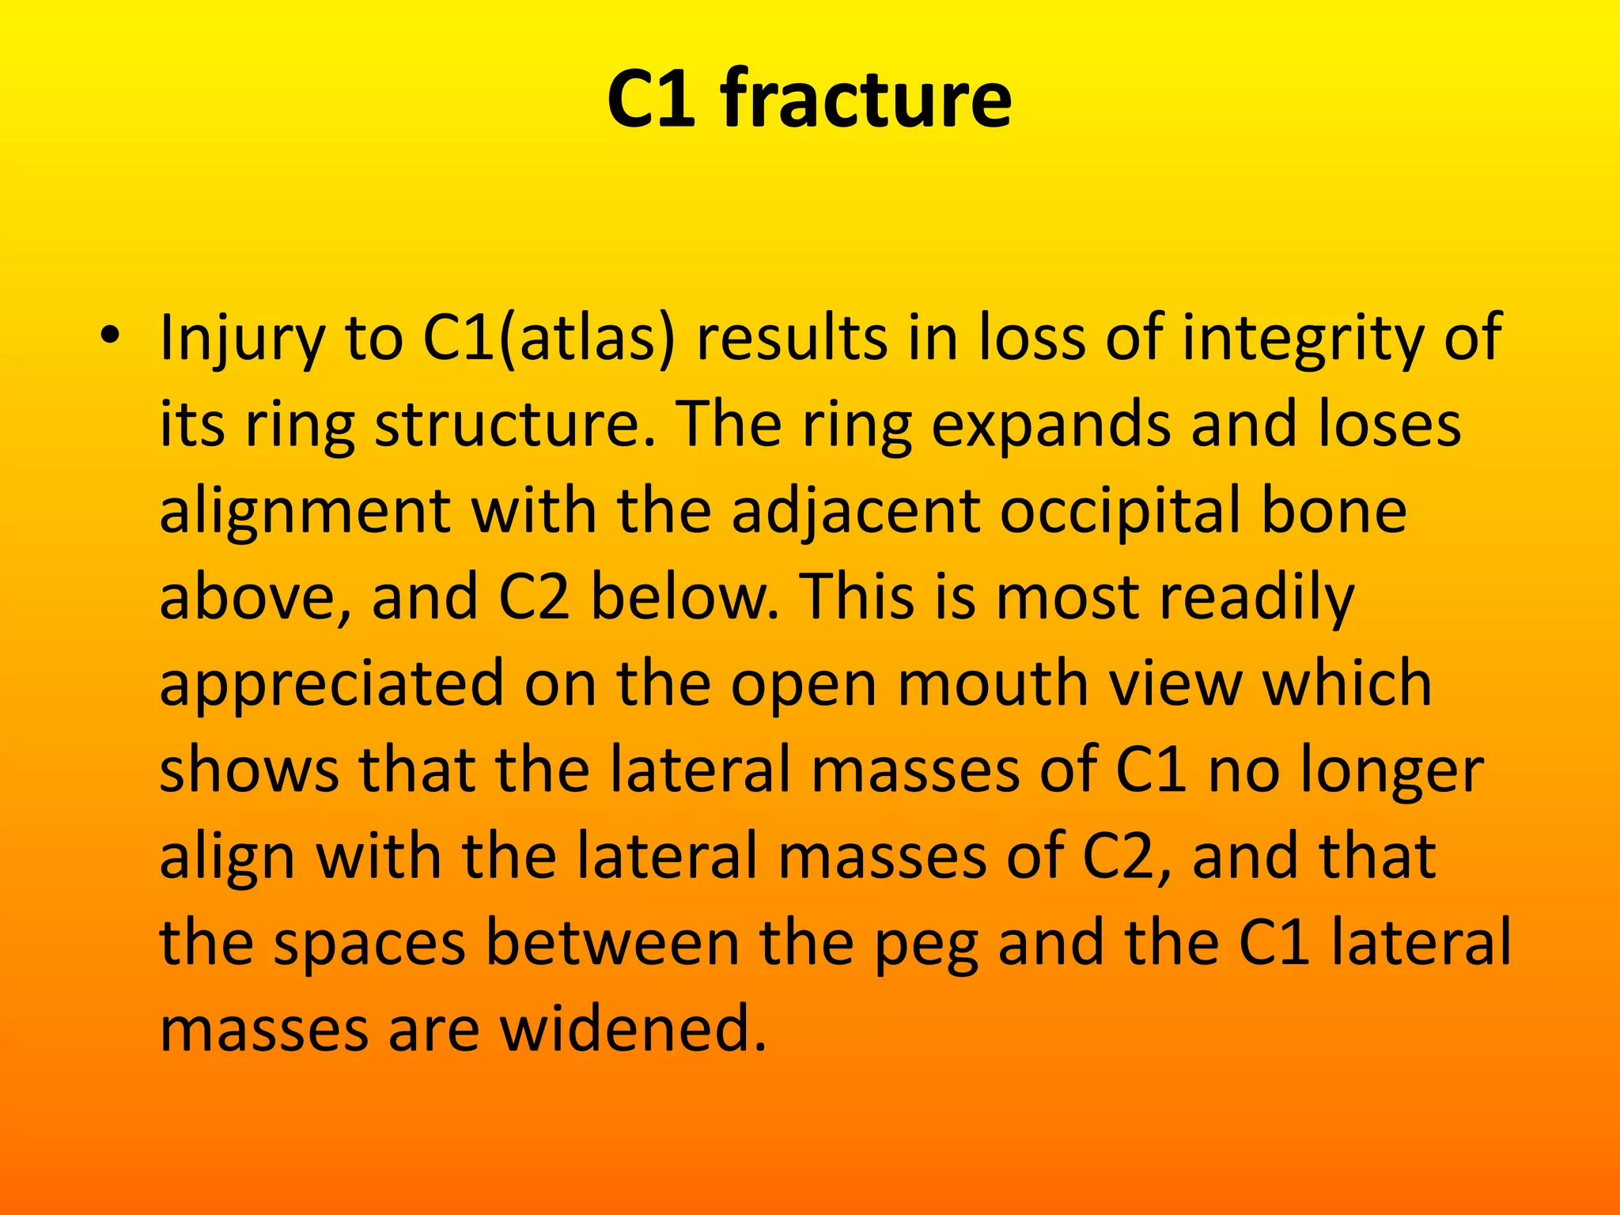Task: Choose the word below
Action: pyautogui.click(x=684, y=597)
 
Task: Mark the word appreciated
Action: pyautogui.click(x=331, y=686)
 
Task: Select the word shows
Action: pyautogui.click(x=248, y=770)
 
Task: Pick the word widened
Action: pyautogui.click(x=633, y=1030)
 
